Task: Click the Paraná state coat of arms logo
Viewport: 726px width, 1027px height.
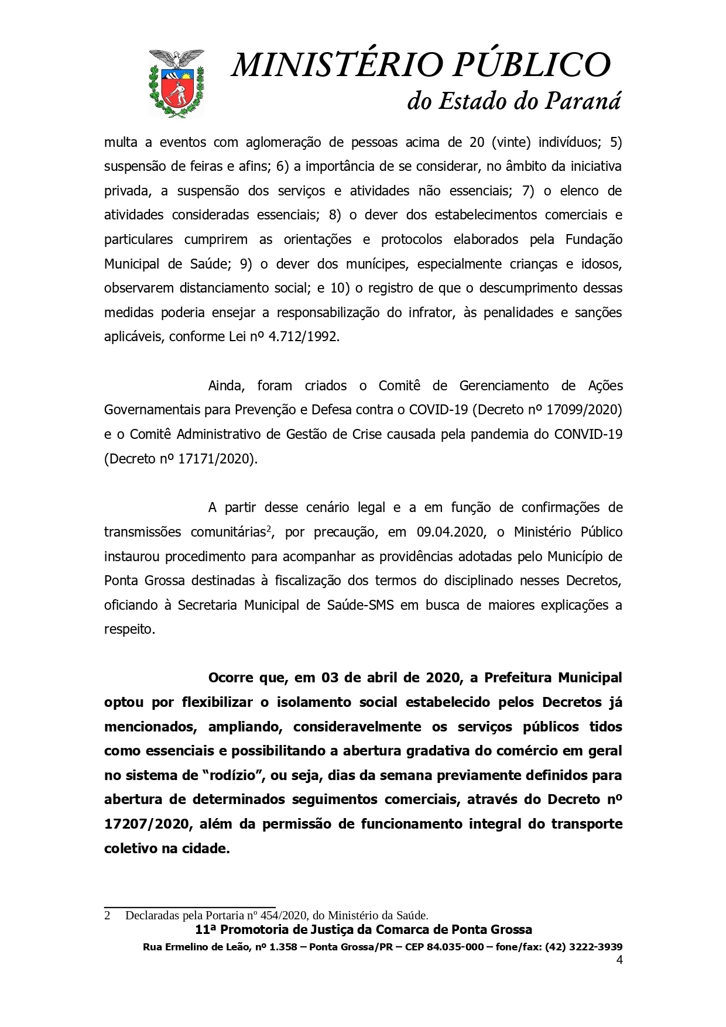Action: coord(176,83)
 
